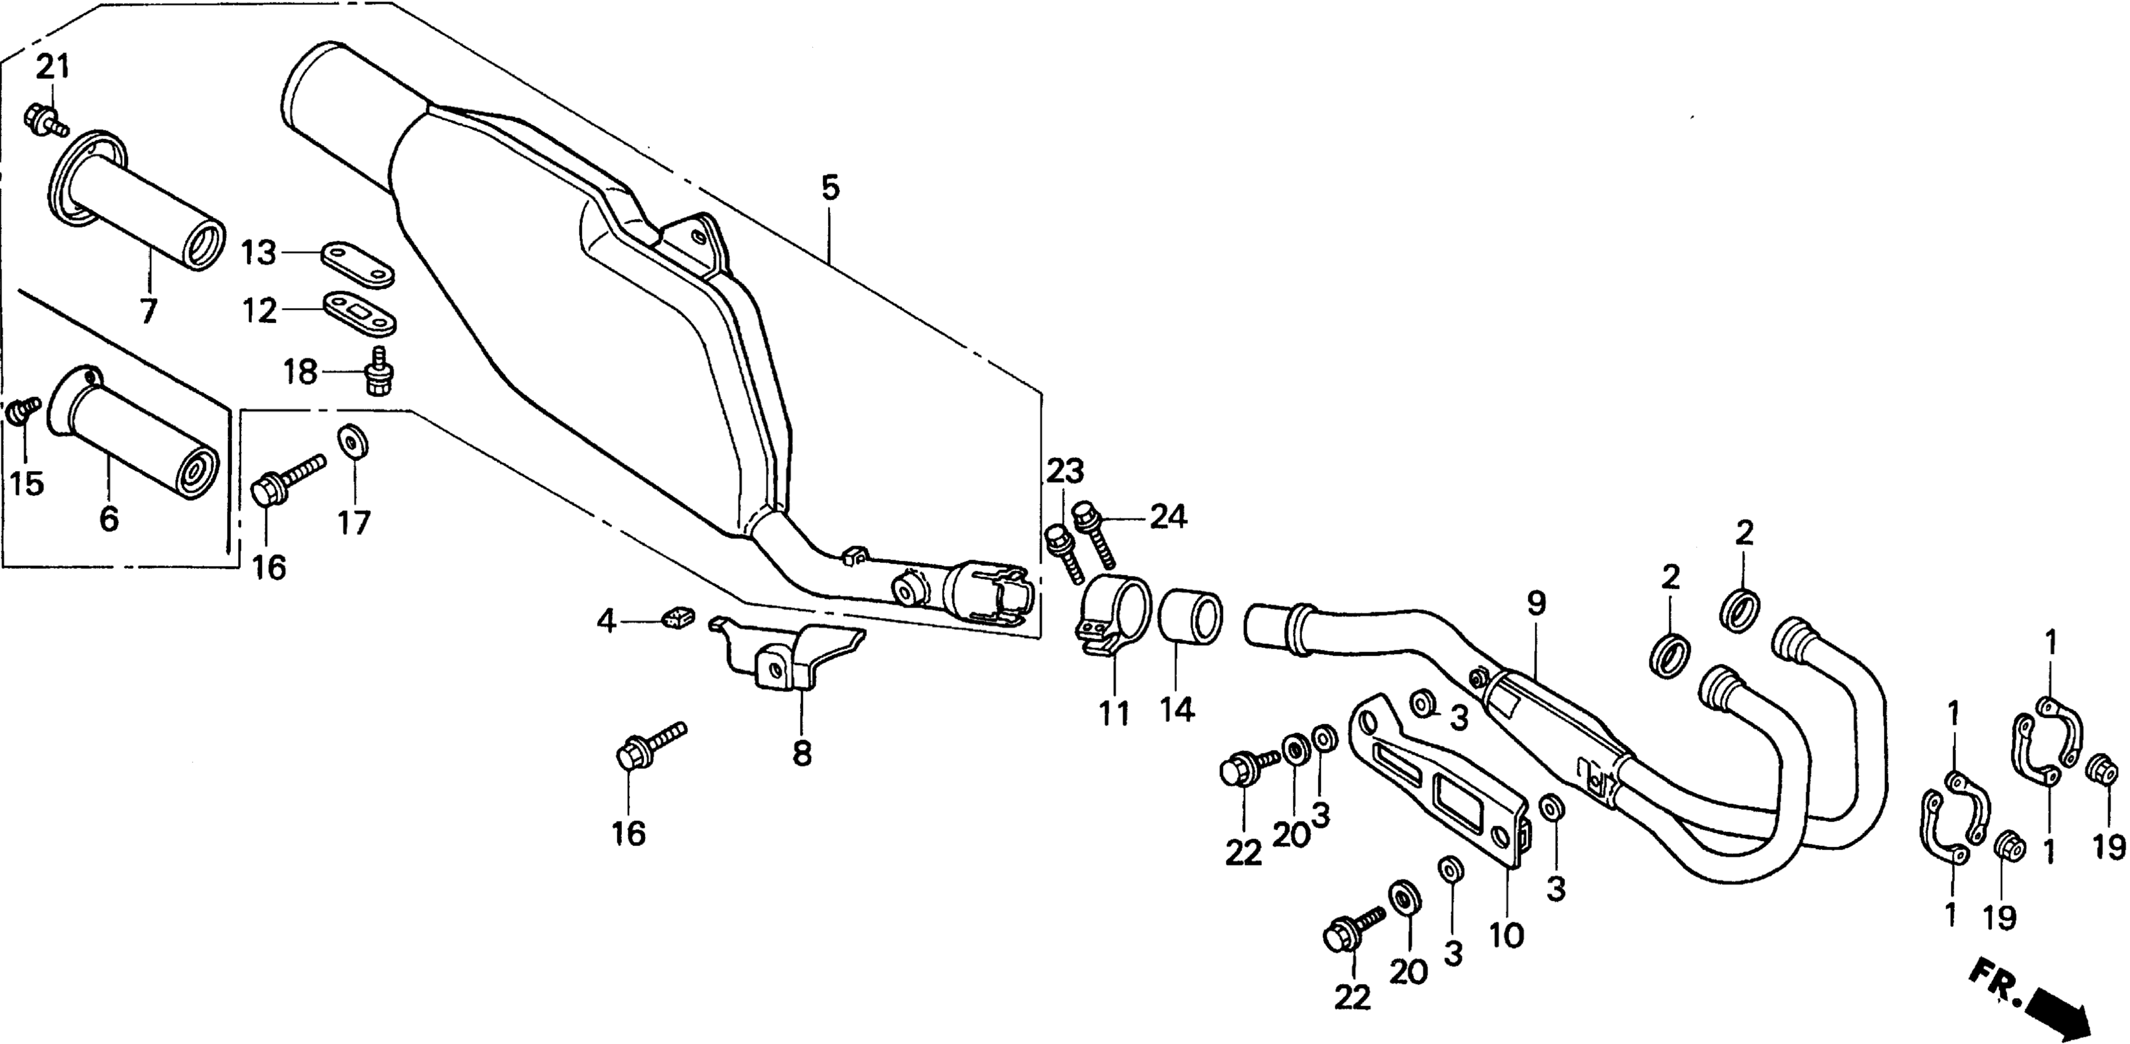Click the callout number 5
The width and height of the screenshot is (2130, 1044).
(x=830, y=189)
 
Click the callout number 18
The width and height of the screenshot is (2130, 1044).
(x=301, y=372)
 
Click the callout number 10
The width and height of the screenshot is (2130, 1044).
(x=1506, y=936)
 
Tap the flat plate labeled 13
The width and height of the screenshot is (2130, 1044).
(x=357, y=263)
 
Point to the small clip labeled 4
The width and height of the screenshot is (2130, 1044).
(x=677, y=615)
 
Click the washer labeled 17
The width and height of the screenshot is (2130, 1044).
(x=354, y=442)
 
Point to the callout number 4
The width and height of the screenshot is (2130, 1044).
(x=607, y=621)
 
